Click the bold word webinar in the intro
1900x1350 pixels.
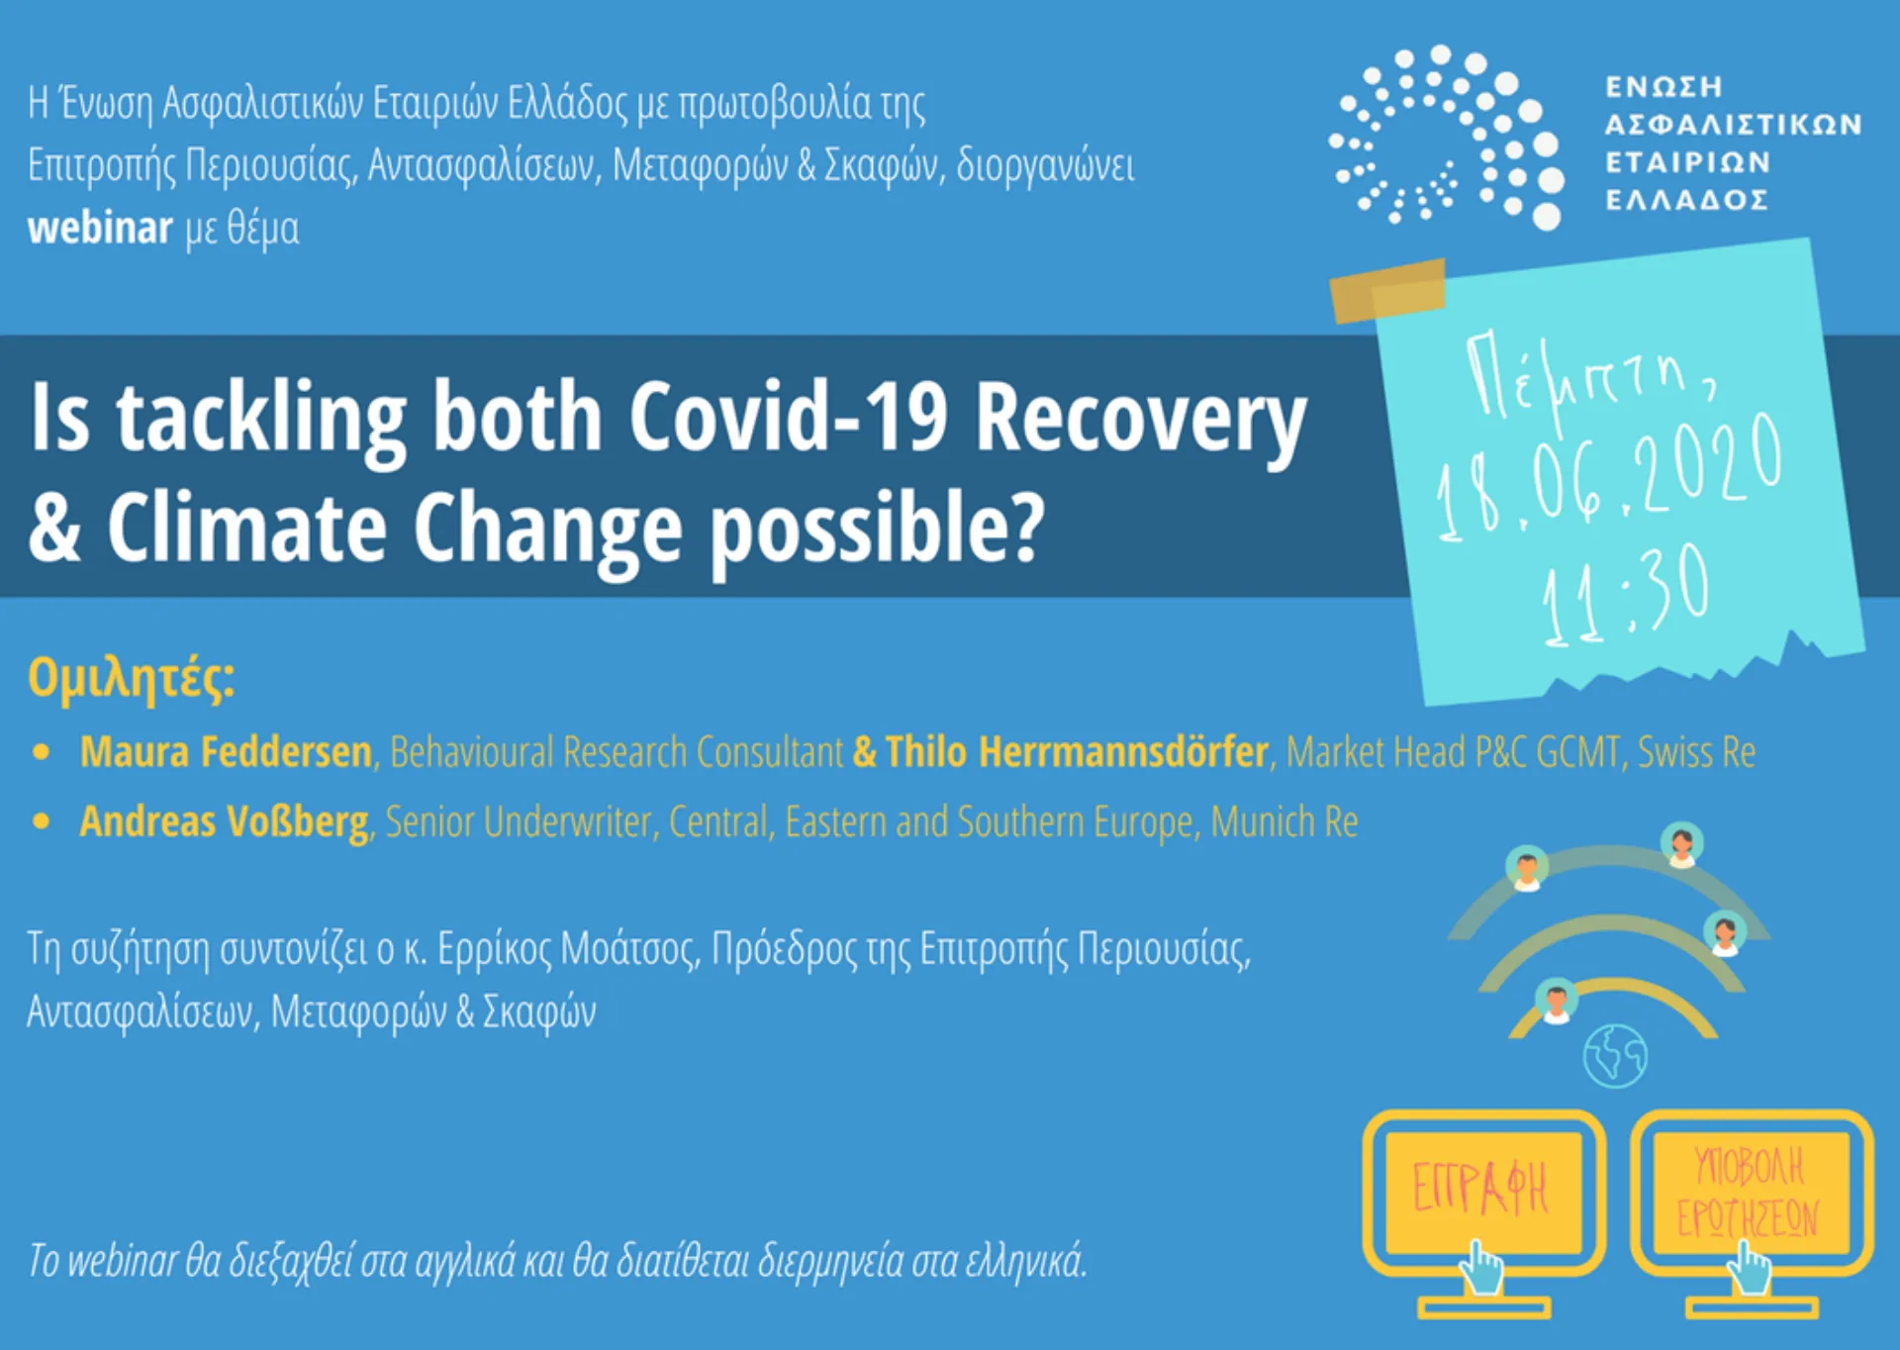[100, 229]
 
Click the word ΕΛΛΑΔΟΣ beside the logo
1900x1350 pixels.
[1686, 201]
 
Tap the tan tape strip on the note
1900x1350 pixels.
[1387, 290]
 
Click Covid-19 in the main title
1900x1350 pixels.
[788, 418]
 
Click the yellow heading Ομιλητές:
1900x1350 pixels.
[132, 679]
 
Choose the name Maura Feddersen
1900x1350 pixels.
[226, 752]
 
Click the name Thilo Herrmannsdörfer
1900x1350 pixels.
[1077, 752]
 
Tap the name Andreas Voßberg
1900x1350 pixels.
[225, 822]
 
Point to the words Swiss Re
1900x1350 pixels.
[1695, 752]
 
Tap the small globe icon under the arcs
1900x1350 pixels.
[1615, 1056]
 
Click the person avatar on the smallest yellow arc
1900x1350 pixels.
[1557, 1001]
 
